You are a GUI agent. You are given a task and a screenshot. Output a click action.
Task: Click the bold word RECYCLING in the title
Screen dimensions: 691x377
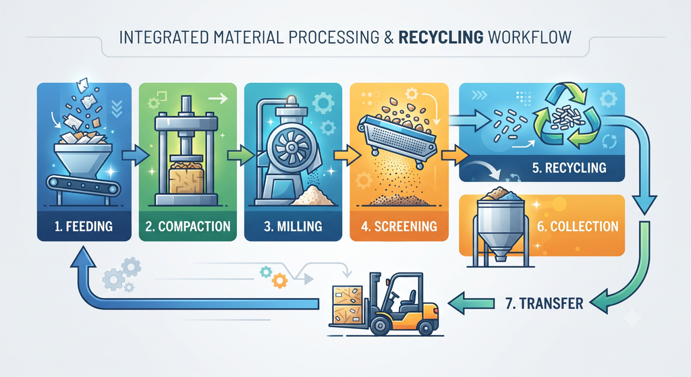pyautogui.click(x=441, y=37)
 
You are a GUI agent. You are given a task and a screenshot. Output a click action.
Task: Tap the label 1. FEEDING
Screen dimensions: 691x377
pyautogui.click(x=84, y=227)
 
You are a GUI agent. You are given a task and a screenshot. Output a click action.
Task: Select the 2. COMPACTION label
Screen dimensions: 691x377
pyautogui.click(x=188, y=227)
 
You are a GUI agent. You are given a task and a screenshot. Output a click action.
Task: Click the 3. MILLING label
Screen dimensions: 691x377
pyautogui.click(x=293, y=227)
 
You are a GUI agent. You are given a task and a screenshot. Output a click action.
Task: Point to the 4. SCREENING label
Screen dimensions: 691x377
pyautogui.click(x=399, y=227)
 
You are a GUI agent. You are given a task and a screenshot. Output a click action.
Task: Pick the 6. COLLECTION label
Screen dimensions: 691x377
pyautogui.click(x=578, y=227)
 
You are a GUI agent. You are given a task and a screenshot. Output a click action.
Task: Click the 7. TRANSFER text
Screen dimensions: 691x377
pyautogui.click(x=545, y=303)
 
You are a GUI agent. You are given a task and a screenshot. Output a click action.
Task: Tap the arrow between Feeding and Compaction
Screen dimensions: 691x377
pyautogui.click(x=136, y=155)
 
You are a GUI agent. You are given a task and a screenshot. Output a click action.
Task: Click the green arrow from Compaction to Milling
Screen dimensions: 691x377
pyautogui.click(x=241, y=155)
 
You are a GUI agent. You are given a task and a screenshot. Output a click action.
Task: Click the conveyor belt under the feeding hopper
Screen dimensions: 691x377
pyautogui.click(x=83, y=185)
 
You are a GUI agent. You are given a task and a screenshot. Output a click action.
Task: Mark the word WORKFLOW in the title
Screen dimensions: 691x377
pyautogui.click(x=530, y=37)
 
